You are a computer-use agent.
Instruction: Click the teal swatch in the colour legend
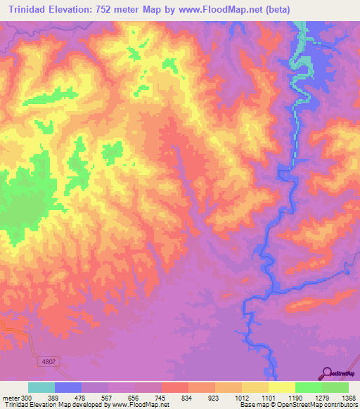(x=41, y=387)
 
